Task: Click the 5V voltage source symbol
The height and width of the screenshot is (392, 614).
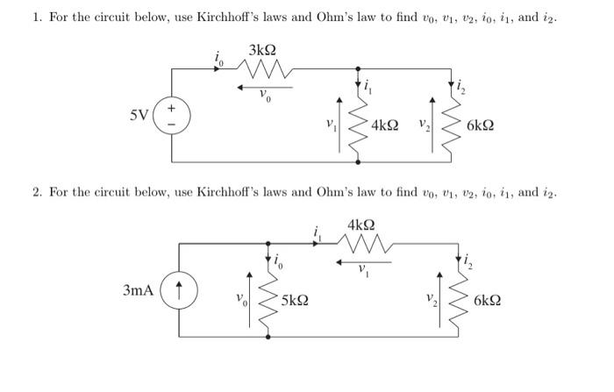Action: point(171,116)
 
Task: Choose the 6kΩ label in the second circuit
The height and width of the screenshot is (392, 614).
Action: point(487,300)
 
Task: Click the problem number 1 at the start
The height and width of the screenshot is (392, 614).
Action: point(25,17)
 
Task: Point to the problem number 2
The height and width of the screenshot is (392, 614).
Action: point(38,191)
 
